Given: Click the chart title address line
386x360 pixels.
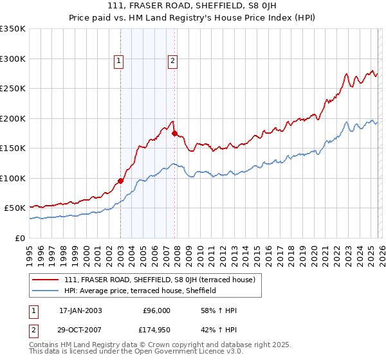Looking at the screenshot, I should tap(192, 6).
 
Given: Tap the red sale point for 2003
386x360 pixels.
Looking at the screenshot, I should tap(120, 181).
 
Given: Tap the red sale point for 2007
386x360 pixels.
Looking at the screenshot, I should tap(174, 134).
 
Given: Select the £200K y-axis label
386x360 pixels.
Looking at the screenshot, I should tap(13, 118).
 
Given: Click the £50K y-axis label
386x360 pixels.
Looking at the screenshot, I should tap(15, 208).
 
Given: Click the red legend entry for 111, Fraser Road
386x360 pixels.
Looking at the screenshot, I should tap(160, 280).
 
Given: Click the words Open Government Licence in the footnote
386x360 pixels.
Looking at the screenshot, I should tap(179, 353).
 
